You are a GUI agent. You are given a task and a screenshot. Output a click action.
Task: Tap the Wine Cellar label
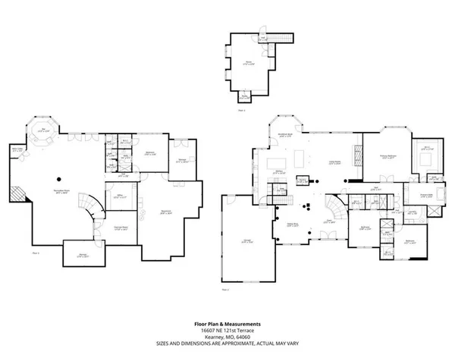(17, 150)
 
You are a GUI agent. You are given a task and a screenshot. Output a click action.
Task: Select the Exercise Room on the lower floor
(120, 227)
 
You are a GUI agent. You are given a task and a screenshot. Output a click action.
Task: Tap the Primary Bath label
(433, 194)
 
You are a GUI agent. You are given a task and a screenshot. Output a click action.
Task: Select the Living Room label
(332, 162)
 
